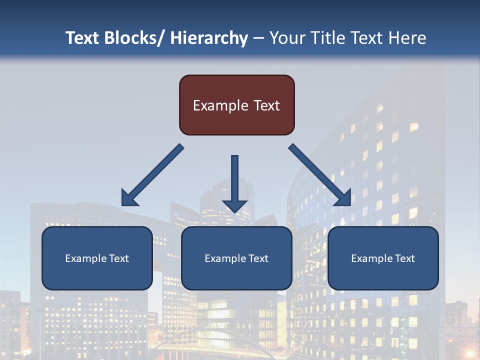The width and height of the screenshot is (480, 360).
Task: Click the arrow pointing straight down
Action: (235, 182)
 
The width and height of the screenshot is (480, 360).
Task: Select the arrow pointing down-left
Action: (152, 175)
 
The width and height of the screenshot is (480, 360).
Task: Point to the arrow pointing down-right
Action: (320, 175)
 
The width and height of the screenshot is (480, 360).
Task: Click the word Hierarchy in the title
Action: (209, 38)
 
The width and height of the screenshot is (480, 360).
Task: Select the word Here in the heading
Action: (407, 38)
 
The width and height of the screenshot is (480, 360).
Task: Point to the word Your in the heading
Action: (287, 38)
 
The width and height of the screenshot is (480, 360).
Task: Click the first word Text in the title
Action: (83, 38)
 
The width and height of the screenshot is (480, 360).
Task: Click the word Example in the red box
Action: (220, 105)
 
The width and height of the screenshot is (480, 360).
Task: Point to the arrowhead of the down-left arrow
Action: (128, 199)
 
